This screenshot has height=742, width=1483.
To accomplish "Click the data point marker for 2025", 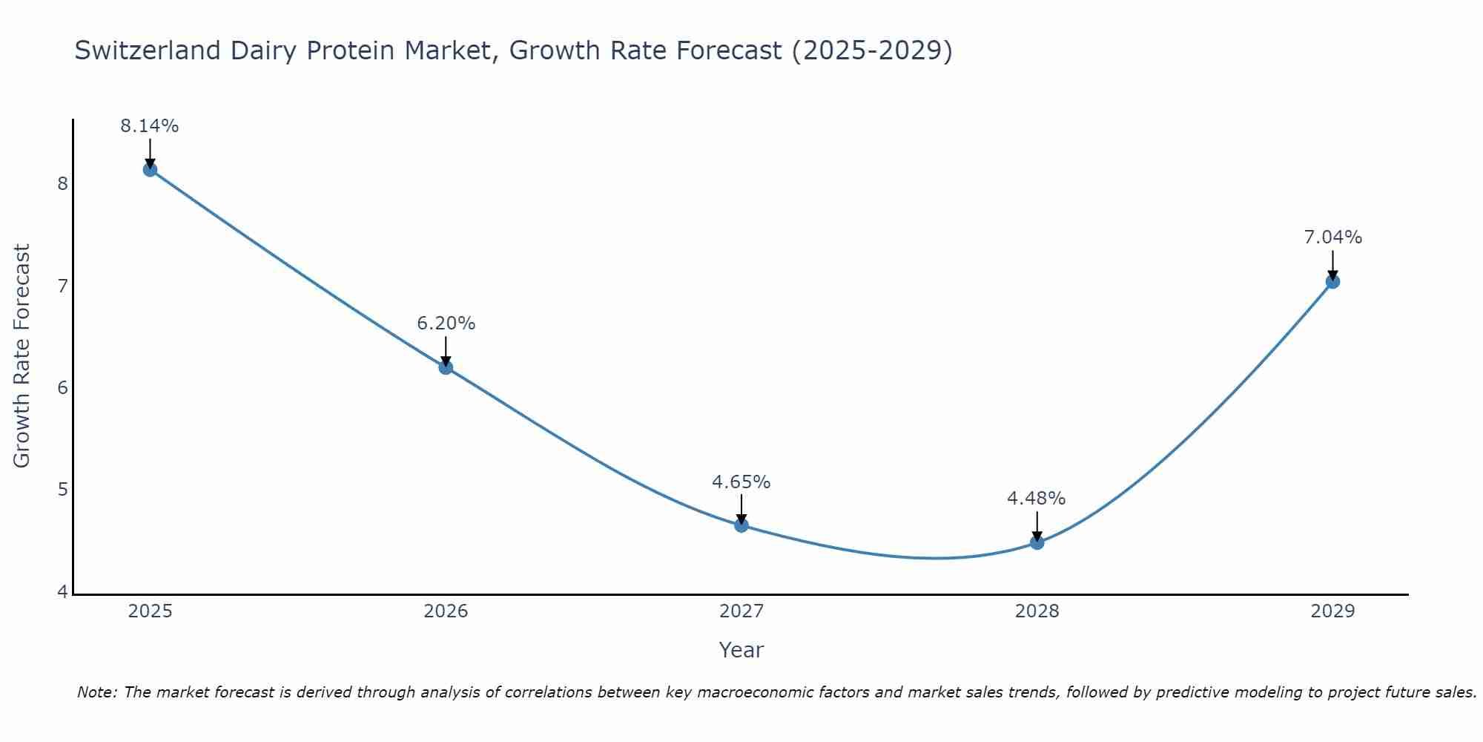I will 150,169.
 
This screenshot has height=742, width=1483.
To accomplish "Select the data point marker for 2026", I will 446,367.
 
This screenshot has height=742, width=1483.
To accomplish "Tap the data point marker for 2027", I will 741,525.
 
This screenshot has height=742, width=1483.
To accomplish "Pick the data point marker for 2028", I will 1037,542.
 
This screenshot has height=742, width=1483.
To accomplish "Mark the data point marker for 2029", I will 1332,281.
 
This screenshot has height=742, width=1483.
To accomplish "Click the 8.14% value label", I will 150,126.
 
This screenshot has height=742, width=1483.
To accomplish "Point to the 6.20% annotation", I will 446,324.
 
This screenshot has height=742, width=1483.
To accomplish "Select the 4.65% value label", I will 741,482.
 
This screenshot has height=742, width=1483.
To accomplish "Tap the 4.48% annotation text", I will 1037,499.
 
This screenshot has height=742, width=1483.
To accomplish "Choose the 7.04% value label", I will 1332,237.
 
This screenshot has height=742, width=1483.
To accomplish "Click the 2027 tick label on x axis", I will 741,611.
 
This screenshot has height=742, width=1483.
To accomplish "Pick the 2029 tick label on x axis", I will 1332,611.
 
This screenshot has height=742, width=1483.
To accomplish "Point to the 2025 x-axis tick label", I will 150,611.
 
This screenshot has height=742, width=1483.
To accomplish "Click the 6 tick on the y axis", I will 62,388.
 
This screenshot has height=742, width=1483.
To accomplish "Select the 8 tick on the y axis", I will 62,184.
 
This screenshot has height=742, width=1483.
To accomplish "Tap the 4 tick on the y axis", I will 62,592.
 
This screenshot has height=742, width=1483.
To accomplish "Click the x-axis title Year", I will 741,650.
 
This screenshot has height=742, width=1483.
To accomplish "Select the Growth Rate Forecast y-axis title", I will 22,356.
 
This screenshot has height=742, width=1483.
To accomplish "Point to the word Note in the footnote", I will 96,692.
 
